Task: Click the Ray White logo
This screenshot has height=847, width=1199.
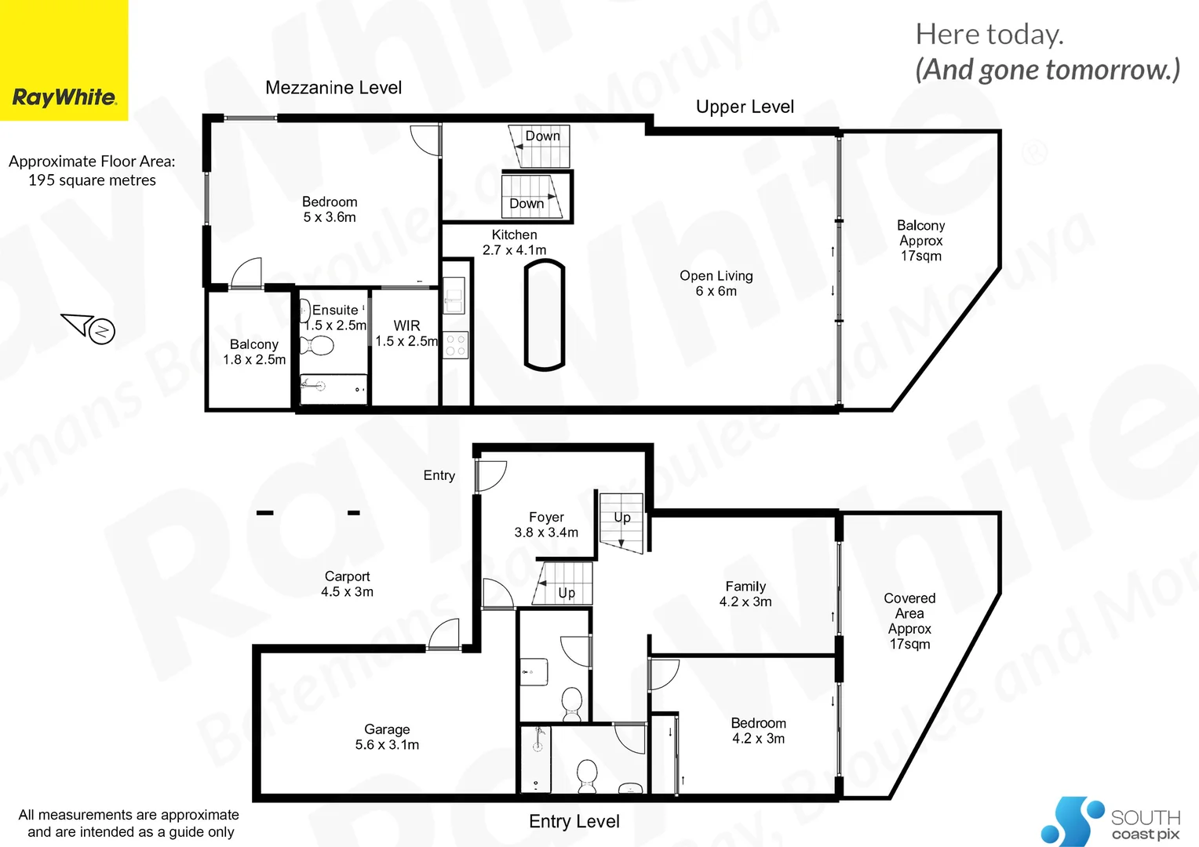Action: [64, 98]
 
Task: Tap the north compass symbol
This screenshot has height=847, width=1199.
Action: [102, 331]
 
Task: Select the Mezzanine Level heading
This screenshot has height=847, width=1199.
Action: [333, 88]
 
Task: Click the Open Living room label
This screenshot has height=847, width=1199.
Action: [716, 283]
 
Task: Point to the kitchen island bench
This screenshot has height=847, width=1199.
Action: [544, 314]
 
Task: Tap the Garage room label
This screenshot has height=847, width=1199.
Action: [387, 736]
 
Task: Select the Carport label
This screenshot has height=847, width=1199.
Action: [347, 583]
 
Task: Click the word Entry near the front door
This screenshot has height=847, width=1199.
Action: [439, 475]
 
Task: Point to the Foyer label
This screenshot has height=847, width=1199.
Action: [546, 525]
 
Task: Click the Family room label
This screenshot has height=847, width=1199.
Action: [745, 594]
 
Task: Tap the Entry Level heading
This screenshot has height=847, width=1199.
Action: [574, 821]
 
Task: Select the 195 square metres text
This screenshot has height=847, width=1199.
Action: [92, 180]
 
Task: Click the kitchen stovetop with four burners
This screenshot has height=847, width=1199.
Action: [456, 345]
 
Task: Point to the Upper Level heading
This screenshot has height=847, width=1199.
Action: [745, 107]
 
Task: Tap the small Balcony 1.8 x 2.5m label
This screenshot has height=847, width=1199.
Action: [254, 351]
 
